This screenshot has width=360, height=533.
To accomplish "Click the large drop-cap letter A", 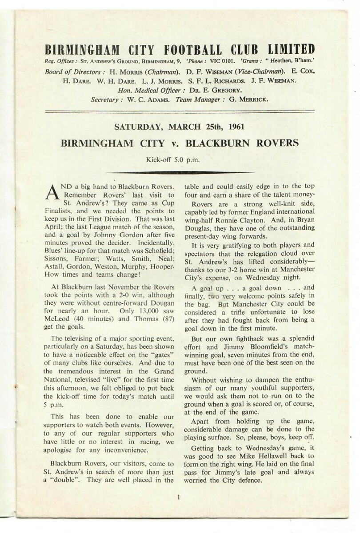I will tap(52, 190).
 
